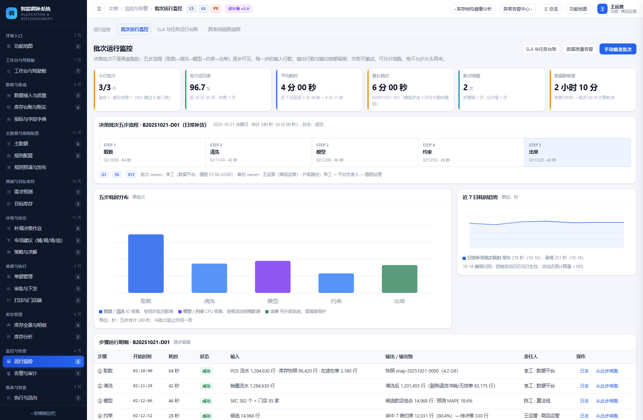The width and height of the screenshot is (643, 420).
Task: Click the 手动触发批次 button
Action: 618,49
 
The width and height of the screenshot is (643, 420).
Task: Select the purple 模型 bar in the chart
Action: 273,277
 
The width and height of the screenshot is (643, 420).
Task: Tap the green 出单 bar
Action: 399,279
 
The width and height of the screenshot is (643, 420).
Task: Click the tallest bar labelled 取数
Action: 146,264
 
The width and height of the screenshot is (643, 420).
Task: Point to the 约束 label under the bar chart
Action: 336,301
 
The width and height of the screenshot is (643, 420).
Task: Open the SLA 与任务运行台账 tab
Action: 178,29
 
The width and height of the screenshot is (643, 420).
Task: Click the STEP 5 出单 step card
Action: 577,152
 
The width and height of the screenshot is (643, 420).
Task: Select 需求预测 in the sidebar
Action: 23,192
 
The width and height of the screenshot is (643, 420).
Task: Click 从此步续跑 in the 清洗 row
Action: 607,386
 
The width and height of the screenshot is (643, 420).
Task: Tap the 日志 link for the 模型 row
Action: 584,401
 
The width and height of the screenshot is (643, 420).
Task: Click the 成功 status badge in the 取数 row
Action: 206,371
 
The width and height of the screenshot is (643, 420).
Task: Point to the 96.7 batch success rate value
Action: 197,87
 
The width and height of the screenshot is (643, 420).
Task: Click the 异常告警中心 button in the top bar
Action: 518,9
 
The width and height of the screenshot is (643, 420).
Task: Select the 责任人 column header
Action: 530,356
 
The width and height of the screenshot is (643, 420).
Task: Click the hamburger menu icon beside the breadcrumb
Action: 99,9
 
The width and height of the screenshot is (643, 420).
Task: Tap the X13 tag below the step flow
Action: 131,175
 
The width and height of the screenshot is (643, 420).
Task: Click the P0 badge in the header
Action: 216,9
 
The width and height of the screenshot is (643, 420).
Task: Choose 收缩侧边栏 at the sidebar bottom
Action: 43,413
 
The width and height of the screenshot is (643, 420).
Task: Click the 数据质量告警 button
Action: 580,49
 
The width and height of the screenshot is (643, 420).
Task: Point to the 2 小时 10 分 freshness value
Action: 576,87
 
